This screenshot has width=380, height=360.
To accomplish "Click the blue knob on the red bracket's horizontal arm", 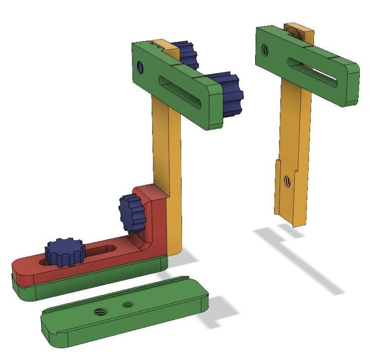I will tap(64, 252).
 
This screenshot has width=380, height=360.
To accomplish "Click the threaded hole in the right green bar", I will tap(266, 49).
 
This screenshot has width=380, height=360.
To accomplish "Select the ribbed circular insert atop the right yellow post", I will tap(296, 33).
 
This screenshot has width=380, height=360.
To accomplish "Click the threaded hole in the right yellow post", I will tap(287, 180).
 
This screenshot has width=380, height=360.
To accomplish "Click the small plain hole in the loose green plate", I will tap(127, 304).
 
